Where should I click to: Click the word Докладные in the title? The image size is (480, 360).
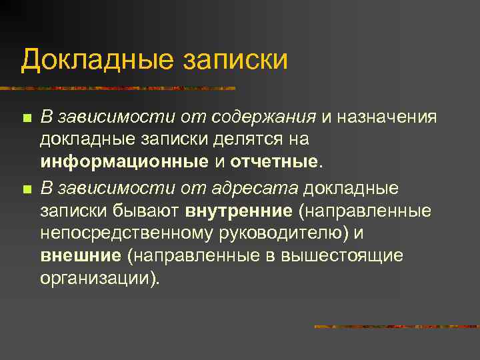click(x=95, y=59)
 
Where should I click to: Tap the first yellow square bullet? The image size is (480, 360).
click(x=26, y=119)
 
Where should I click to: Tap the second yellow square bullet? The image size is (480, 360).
click(x=26, y=189)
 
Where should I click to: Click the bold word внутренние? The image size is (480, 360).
click(x=239, y=211)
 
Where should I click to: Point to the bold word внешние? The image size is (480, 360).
click(x=81, y=256)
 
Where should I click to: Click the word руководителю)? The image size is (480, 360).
click(x=289, y=234)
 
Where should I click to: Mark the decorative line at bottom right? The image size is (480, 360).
click(x=396, y=327)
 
